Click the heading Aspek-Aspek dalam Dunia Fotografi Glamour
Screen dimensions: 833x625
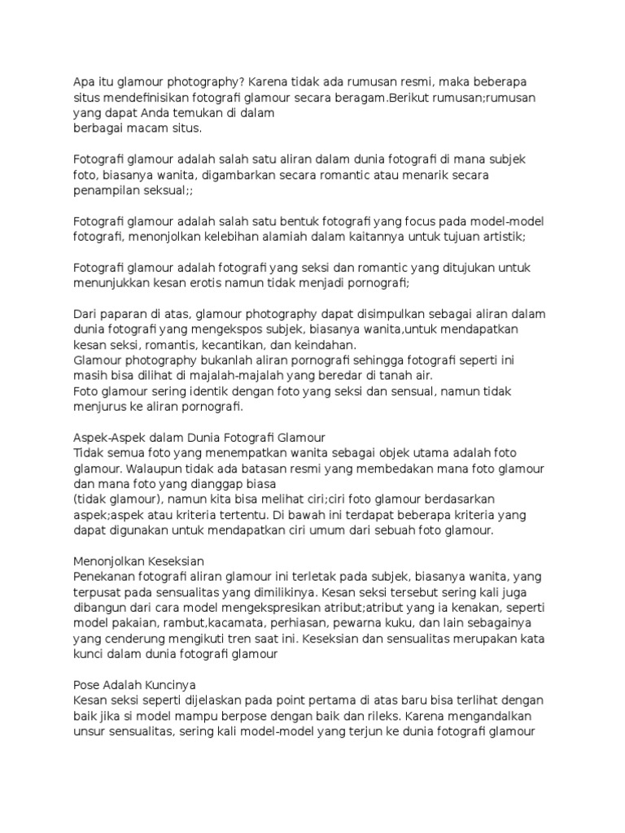coord(199,438)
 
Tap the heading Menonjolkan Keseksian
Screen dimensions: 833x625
coord(138,561)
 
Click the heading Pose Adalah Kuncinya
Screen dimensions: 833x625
coord(135,685)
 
